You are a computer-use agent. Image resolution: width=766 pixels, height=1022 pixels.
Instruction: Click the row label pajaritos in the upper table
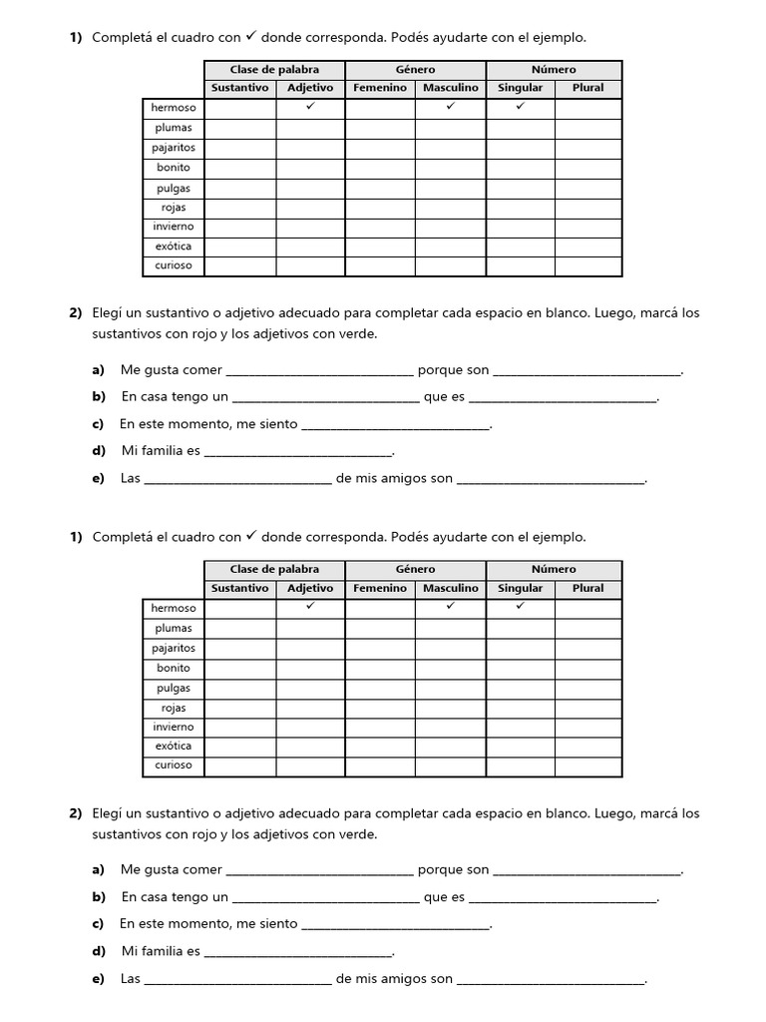pyautogui.click(x=174, y=148)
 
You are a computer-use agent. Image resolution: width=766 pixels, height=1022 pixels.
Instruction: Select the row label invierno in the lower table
pyautogui.click(x=174, y=727)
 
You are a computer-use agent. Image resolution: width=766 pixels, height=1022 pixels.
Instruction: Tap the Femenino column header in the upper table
pyautogui.click(x=380, y=88)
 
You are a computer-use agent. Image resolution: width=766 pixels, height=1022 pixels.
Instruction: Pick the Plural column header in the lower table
pyautogui.click(x=588, y=588)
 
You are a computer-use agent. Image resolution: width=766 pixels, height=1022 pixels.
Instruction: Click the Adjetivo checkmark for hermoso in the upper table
pyautogui.click(x=310, y=106)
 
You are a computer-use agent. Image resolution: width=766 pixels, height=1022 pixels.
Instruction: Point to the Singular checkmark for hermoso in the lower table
pyautogui.click(x=521, y=606)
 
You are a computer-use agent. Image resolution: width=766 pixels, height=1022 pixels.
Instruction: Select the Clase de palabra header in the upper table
pyautogui.click(x=274, y=70)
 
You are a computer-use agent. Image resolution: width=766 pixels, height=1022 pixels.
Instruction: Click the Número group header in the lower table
pyautogui.click(x=554, y=569)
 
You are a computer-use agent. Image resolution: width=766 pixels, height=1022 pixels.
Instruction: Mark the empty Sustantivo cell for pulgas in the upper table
pyautogui.click(x=240, y=188)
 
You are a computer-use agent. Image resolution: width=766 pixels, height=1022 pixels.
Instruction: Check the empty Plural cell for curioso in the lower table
pyautogui.click(x=588, y=766)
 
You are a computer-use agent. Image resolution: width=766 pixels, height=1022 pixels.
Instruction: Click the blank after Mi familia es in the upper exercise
pyautogui.click(x=298, y=452)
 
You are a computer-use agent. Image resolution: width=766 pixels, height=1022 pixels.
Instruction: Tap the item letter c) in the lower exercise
pyautogui.click(x=98, y=923)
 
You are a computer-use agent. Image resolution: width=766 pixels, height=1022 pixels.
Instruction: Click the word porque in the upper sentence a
pyautogui.click(x=440, y=370)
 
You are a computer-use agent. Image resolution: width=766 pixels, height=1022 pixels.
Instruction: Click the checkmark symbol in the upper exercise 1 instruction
pyautogui.click(x=252, y=36)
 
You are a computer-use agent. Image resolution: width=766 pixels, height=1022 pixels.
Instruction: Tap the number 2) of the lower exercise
pyautogui.click(x=76, y=813)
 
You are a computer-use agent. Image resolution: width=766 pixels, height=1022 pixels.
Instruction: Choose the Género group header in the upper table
pyautogui.click(x=415, y=70)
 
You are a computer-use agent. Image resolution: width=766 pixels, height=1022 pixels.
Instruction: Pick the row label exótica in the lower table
pyautogui.click(x=174, y=746)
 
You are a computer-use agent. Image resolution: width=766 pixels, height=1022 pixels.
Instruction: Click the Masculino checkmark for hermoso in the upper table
pyautogui.click(x=451, y=106)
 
